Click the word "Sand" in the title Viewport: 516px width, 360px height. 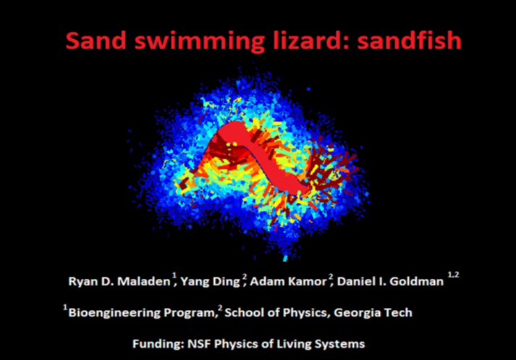(96, 40)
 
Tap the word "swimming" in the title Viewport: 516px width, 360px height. (199, 41)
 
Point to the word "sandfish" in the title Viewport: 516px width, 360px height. (410, 40)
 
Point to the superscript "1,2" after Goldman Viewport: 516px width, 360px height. (453, 275)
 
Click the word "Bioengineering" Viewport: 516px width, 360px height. (114, 313)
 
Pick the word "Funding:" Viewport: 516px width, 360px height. (158, 344)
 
